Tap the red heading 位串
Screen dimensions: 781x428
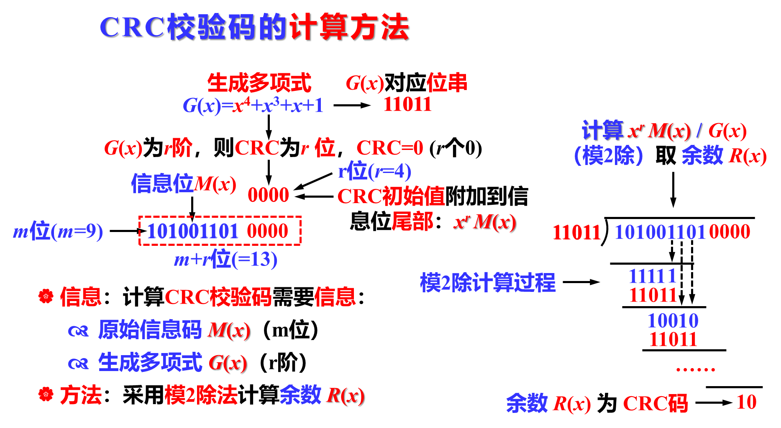[x=446, y=83]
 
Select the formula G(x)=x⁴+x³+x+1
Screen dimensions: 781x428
[x=253, y=106]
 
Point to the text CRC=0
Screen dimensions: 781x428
[x=389, y=148]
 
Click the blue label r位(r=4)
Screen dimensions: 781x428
[x=374, y=171]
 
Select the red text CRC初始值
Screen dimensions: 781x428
[x=391, y=196]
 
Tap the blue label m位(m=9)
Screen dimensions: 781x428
[x=58, y=232]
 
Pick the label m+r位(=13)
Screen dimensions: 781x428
[x=225, y=260]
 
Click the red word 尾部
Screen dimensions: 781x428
[x=412, y=222]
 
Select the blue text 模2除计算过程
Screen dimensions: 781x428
[x=487, y=283]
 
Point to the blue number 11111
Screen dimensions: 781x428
[x=653, y=276]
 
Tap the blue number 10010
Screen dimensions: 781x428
[x=673, y=321]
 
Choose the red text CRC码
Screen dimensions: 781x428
[x=655, y=404]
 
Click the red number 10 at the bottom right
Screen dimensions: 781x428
[x=746, y=402]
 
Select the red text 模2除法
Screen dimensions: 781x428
[x=201, y=395]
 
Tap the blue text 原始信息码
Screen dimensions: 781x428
[x=150, y=330]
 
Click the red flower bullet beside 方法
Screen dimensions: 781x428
[x=46, y=394]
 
